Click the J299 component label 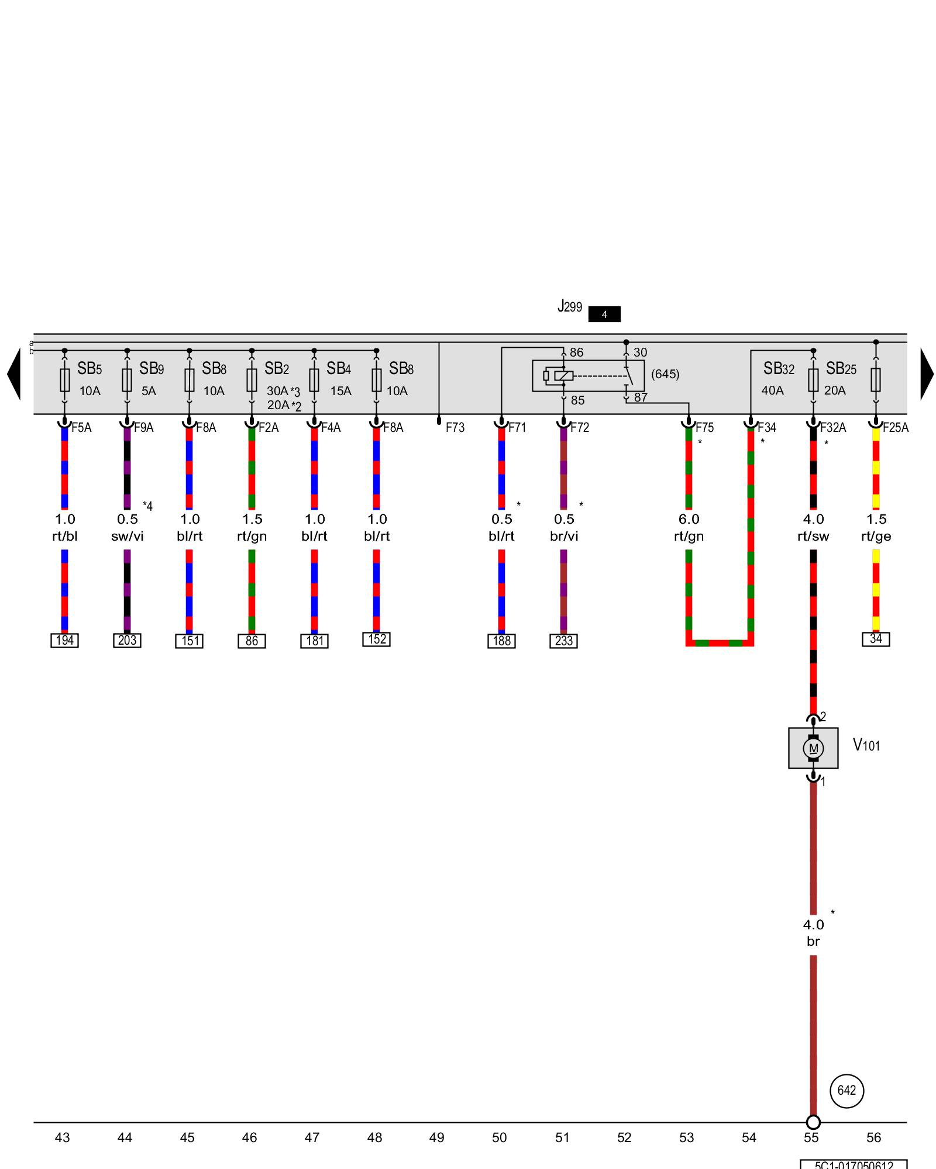pyautogui.click(x=570, y=306)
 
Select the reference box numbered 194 pyautogui.click(x=64, y=640)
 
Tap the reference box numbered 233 pyautogui.click(x=563, y=641)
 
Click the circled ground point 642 pyautogui.click(x=846, y=1091)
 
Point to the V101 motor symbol pyautogui.click(x=813, y=748)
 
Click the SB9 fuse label pyautogui.click(x=151, y=369)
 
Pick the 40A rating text pyautogui.click(x=772, y=390)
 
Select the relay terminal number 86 pyautogui.click(x=576, y=352)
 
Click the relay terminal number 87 pyautogui.click(x=641, y=397)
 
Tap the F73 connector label pyautogui.click(x=455, y=428)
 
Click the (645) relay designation pyautogui.click(x=665, y=374)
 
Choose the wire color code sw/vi pyautogui.click(x=127, y=536)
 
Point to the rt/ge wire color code pyautogui.click(x=876, y=536)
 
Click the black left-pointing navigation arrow pyautogui.click(x=14, y=374)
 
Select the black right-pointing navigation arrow pyautogui.click(x=927, y=374)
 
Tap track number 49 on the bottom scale pyautogui.click(x=436, y=1137)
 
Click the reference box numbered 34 pyautogui.click(x=876, y=639)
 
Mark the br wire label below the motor pyautogui.click(x=813, y=942)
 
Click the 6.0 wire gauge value pyautogui.click(x=689, y=519)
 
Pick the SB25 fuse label pyautogui.click(x=841, y=369)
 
